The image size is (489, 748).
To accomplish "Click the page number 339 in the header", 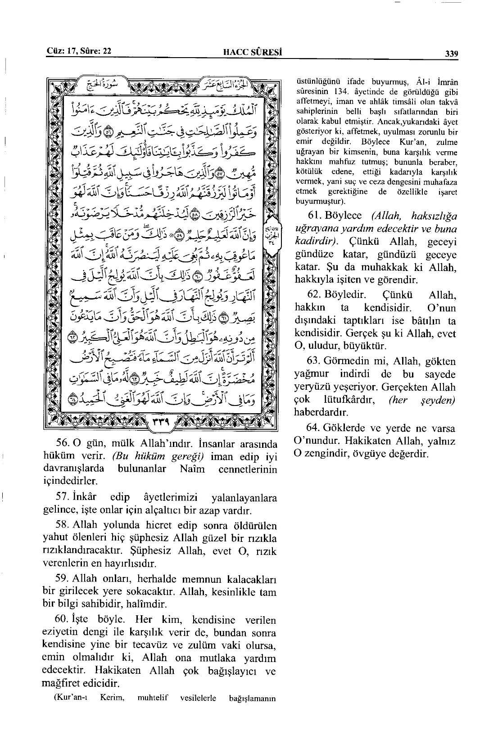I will click(x=451, y=54).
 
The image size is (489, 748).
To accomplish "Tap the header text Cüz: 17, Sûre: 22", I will click(x=79, y=51).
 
